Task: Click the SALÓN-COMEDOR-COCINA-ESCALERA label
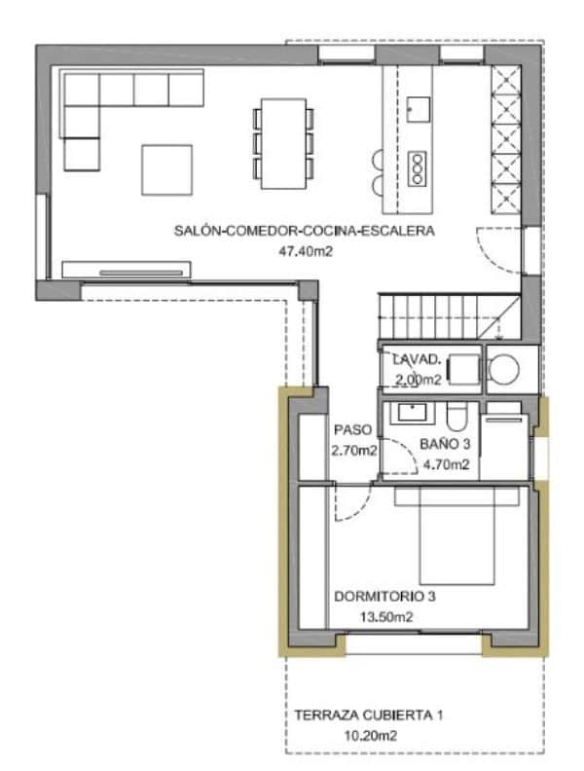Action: pos(304,231)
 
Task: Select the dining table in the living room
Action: pos(283,142)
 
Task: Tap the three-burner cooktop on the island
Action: pos(419,168)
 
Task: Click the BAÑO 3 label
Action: pos(445,445)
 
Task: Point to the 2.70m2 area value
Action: pos(353,450)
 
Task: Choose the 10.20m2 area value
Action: pos(364,736)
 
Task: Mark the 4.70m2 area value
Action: pos(446,464)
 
